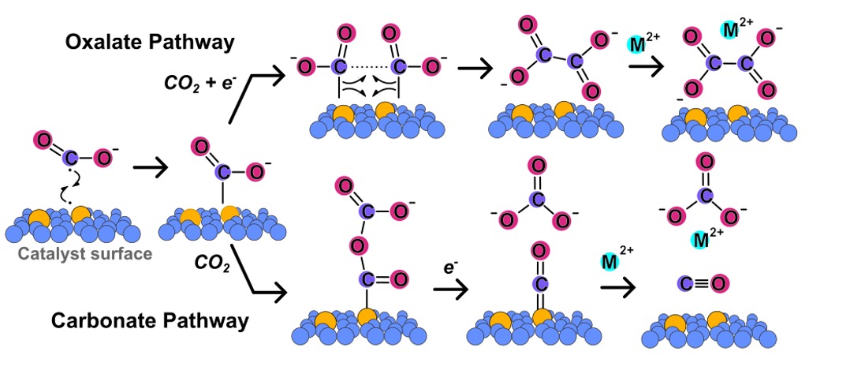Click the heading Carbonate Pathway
pyautogui.click(x=151, y=321)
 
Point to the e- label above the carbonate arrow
pyautogui.click(x=451, y=267)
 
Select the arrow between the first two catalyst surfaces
pyautogui.click(x=149, y=168)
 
